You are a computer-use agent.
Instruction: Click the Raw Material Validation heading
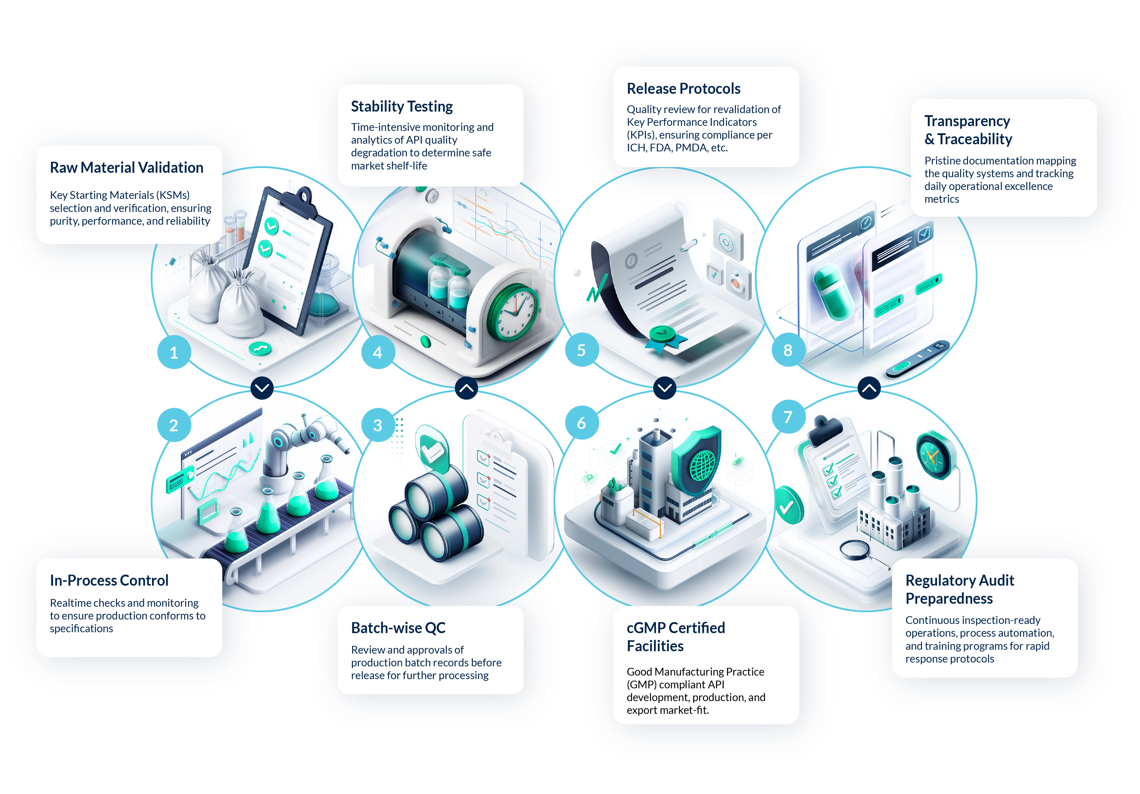(x=127, y=168)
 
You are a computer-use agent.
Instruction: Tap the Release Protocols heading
(x=683, y=89)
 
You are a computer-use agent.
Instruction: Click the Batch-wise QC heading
(x=398, y=628)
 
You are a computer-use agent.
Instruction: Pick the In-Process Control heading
(x=109, y=581)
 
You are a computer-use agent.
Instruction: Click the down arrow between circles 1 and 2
(x=262, y=388)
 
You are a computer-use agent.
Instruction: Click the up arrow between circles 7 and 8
(x=869, y=388)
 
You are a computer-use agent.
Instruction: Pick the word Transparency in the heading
(x=967, y=121)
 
